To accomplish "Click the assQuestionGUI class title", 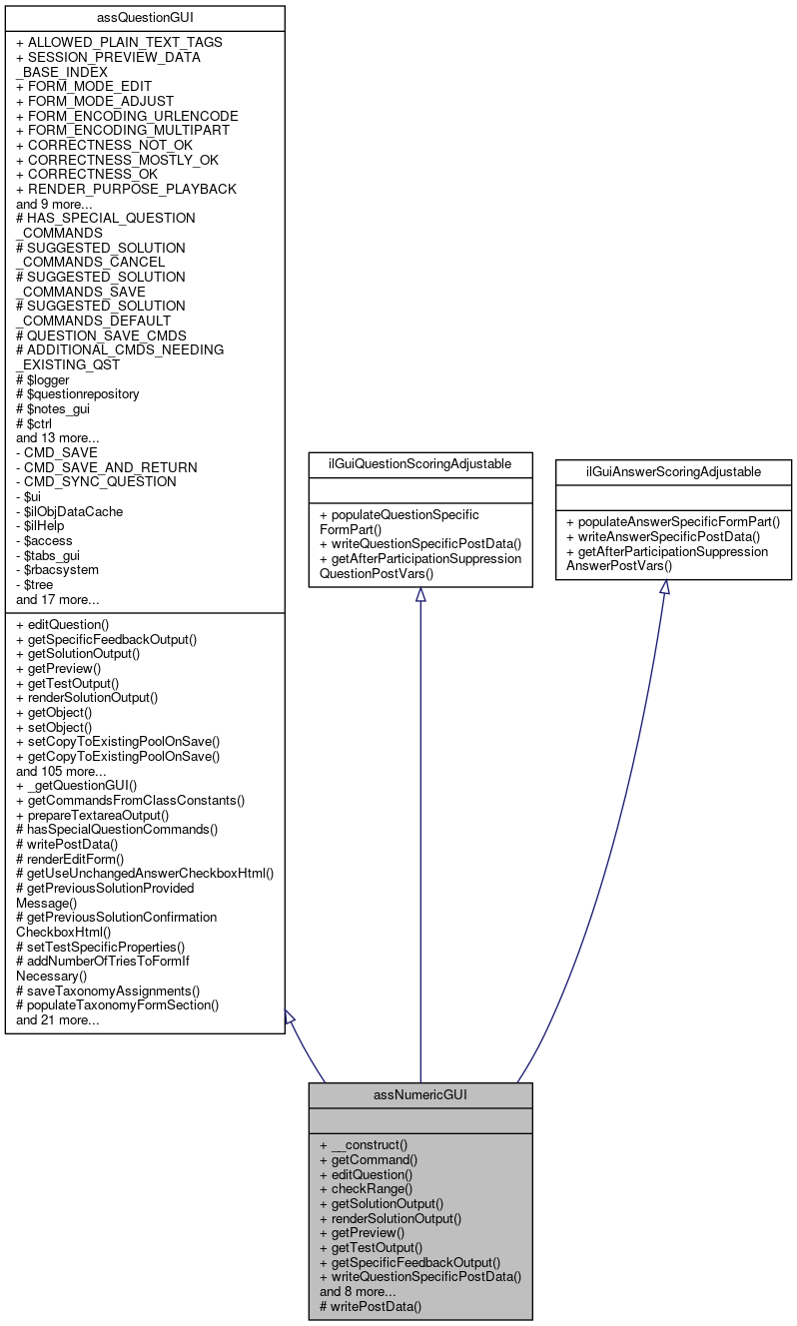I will (x=145, y=18).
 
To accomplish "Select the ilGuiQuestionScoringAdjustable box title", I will (x=419, y=464).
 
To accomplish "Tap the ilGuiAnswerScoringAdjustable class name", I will (x=673, y=471).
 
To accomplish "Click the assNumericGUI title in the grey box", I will (x=419, y=1094).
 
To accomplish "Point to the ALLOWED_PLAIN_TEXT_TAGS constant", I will (x=119, y=43).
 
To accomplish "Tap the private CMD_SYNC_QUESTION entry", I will (x=96, y=481).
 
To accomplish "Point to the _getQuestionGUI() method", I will (x=77, y=786).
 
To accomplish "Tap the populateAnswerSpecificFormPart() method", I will (x=673, y=521).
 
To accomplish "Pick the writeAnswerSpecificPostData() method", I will (x=666, y=536).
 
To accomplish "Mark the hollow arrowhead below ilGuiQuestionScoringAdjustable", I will (x=420, y=595).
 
